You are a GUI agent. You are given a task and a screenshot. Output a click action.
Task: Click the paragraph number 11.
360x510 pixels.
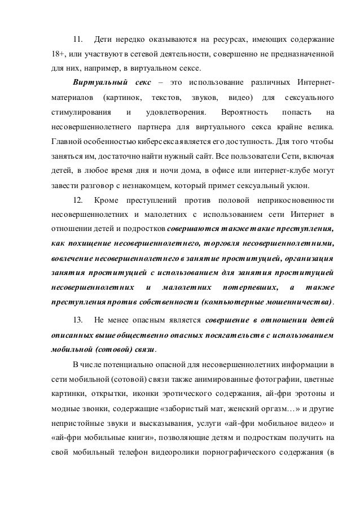coord(78,40)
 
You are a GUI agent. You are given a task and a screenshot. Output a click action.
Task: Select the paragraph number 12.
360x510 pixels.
coord(78,200)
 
